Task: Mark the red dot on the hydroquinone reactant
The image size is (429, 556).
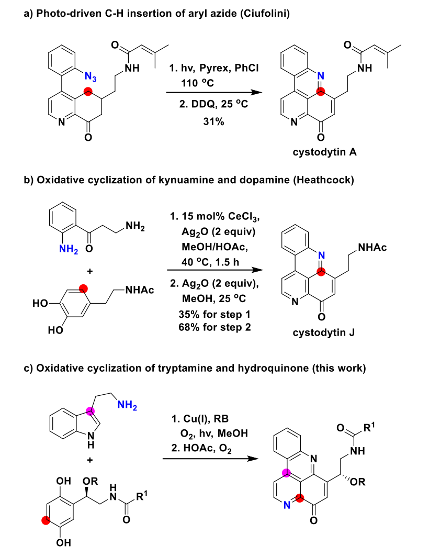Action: click(47, 520)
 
